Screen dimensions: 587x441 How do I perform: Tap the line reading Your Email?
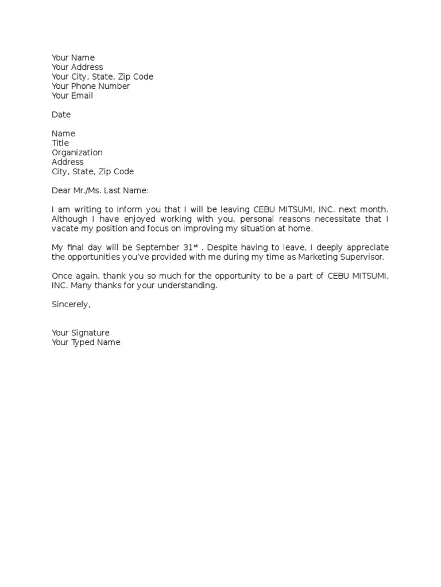point(72,96)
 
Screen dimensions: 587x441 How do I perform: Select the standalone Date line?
point(61,115)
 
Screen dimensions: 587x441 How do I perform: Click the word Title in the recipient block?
point(60,143)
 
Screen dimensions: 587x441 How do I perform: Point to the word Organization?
point(77,152)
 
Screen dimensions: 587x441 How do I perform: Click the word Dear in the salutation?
point(61,190)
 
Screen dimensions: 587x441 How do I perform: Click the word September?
point(157,247)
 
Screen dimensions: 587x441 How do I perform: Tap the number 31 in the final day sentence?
point(188,247)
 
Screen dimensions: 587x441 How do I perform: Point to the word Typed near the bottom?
point(84,342)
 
